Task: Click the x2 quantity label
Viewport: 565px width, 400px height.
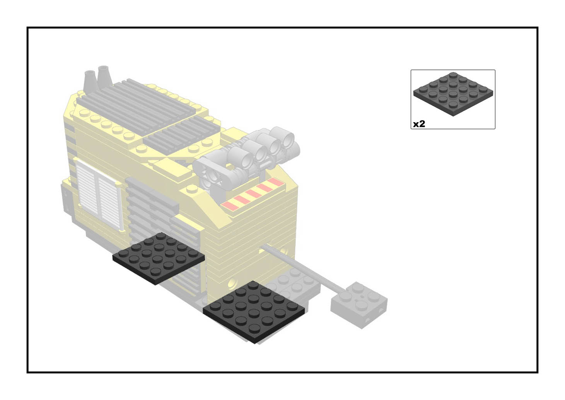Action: (419, 124)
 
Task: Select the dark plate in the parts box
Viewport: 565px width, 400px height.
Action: (453, 94)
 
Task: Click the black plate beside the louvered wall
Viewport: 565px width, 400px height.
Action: (159, 258)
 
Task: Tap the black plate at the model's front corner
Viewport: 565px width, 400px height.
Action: (254, 312)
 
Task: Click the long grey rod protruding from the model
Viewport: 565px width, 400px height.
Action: (303, 268)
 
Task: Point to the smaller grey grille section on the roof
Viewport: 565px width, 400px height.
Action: (182, 135)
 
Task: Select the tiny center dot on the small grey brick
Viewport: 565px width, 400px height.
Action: (362, 297)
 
